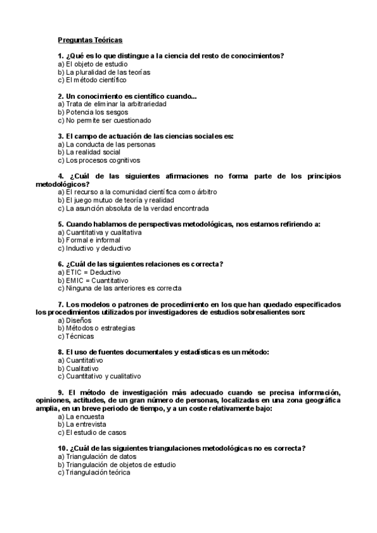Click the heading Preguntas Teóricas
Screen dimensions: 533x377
pos(90,40)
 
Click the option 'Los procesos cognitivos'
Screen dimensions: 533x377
pos(99,160)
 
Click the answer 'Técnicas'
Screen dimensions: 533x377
pos(76,336)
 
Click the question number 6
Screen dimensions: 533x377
pos(61,264)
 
